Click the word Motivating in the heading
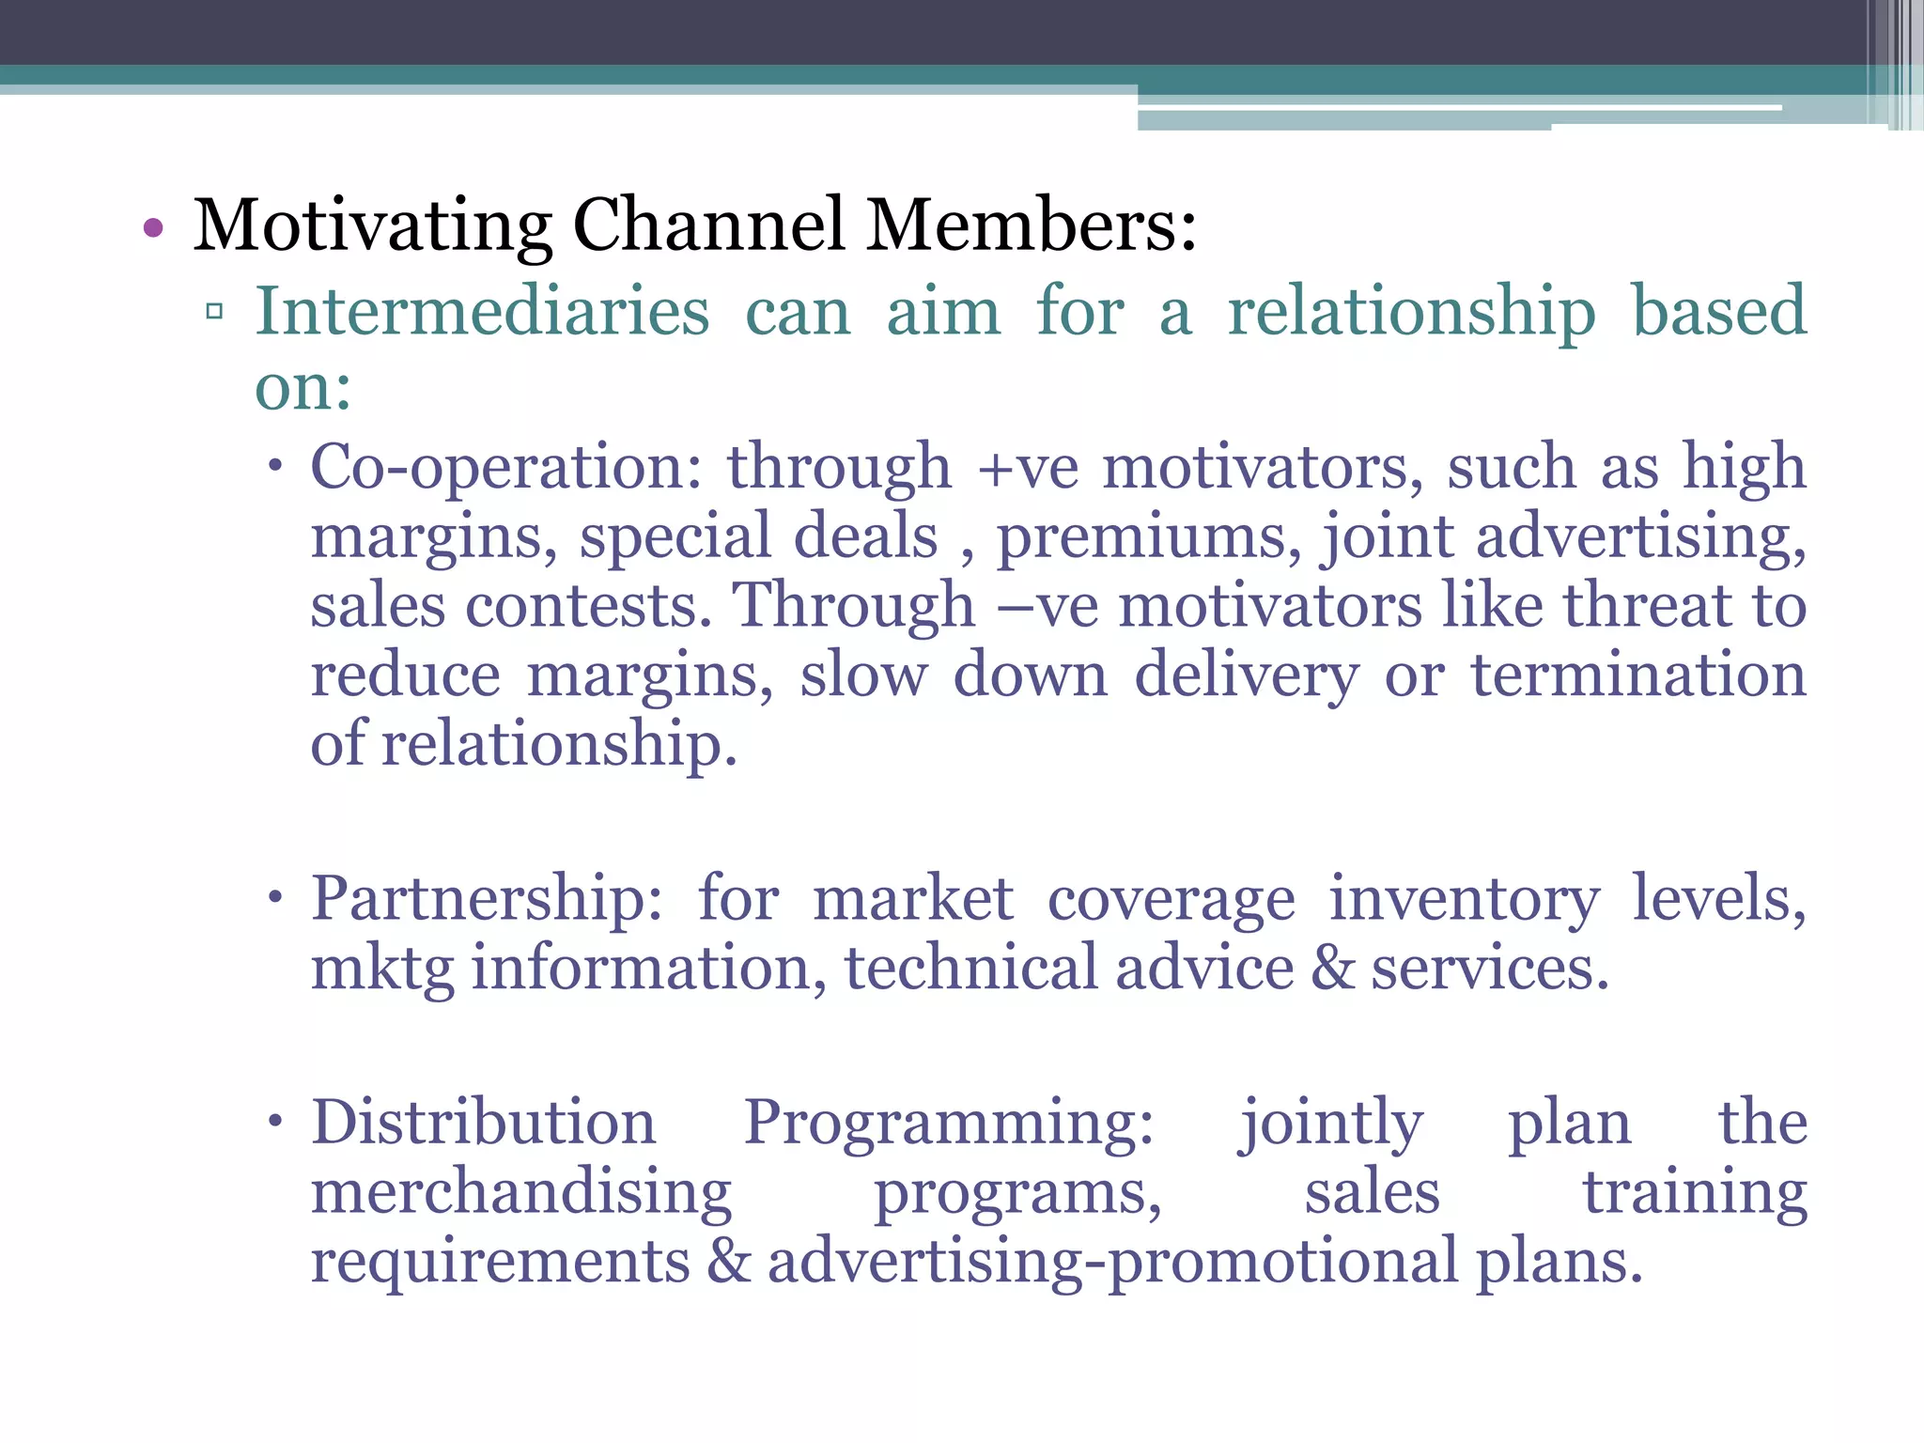pyautogui.click(x=372, y=226)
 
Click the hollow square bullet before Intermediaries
pyautogui.click(x=214, y=311)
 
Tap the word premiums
pyautogui.click(x=1149, y=537)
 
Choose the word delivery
pyautogui.click(x=1247, y=676)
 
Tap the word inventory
pyautogui.click(x=1464, y=900)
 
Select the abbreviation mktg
pyautogui.click(x=381, y=970)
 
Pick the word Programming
pyautogui.click(x=949, y=1124)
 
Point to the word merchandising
pyautogui.click(x=521, y=1193)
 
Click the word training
pyautogui.click(x=1695, y=1193)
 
